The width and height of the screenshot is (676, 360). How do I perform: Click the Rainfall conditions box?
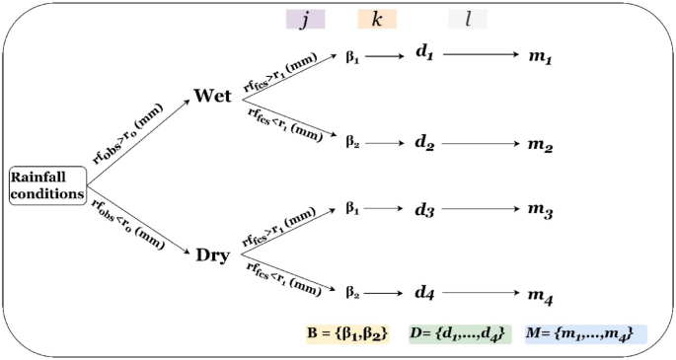[x=47, y=184]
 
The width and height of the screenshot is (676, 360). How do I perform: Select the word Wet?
[x=213, y=97]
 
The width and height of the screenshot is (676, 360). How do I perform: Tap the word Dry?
[x=213, y=255]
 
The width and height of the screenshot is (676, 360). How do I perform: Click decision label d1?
[x=425, y=56]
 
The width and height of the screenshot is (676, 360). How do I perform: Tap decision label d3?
[x=425, y=212]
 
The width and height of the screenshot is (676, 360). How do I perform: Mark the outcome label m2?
[x=539, y=145]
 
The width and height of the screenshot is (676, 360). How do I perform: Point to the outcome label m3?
[x=539, y=212]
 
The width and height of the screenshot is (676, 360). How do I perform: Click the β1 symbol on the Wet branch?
[x=352, y=57]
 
